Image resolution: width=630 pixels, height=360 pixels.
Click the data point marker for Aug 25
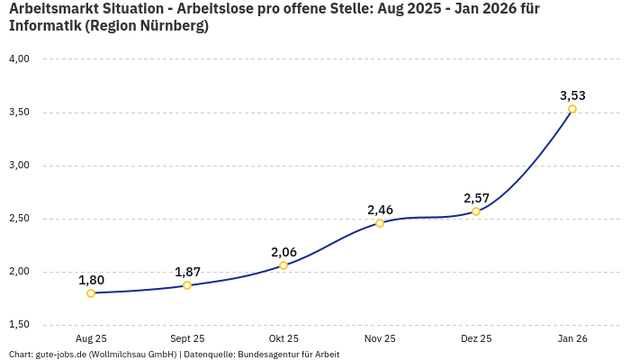91,293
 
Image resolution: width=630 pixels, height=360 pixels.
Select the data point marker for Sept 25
187,285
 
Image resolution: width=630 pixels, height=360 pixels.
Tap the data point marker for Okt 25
283,265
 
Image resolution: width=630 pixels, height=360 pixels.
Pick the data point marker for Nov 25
380,223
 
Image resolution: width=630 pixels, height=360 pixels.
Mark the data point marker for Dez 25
476,211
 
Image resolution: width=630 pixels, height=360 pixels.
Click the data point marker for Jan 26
572,109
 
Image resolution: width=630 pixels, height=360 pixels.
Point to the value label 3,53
572,95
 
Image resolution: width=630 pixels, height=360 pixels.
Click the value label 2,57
476,198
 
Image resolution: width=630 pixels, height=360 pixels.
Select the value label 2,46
380,210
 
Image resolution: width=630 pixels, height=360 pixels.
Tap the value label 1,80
91,280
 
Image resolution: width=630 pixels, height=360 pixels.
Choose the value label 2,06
283,252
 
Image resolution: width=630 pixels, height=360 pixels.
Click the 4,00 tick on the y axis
19,59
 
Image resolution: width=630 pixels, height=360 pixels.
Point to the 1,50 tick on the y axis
19,325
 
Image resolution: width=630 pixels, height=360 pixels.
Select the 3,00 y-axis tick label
19,166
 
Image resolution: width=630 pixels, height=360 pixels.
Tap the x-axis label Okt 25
283,339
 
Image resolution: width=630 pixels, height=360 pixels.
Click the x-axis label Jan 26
572,339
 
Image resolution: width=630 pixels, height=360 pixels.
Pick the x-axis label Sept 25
187,339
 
